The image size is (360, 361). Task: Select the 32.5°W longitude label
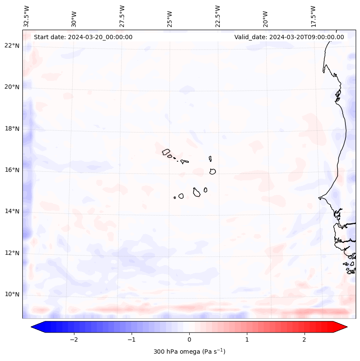pyautogui.click(x=27, y=16)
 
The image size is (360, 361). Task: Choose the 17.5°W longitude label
pyautogui.click(x=314, y=16)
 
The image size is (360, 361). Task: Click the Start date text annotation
pyautogui.click(x=83, y=37)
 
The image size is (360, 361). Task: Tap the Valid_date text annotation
pyautogui.click(x=289, y=37)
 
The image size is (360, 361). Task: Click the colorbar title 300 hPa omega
pyautogui.click(x=189, y=352)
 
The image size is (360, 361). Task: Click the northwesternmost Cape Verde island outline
pyautogui.click(x=166, y=151)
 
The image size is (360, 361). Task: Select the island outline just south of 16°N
pyautogui.click(x=212, y=171)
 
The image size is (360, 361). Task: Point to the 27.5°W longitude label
pyautogui.click(x=122, y=16)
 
